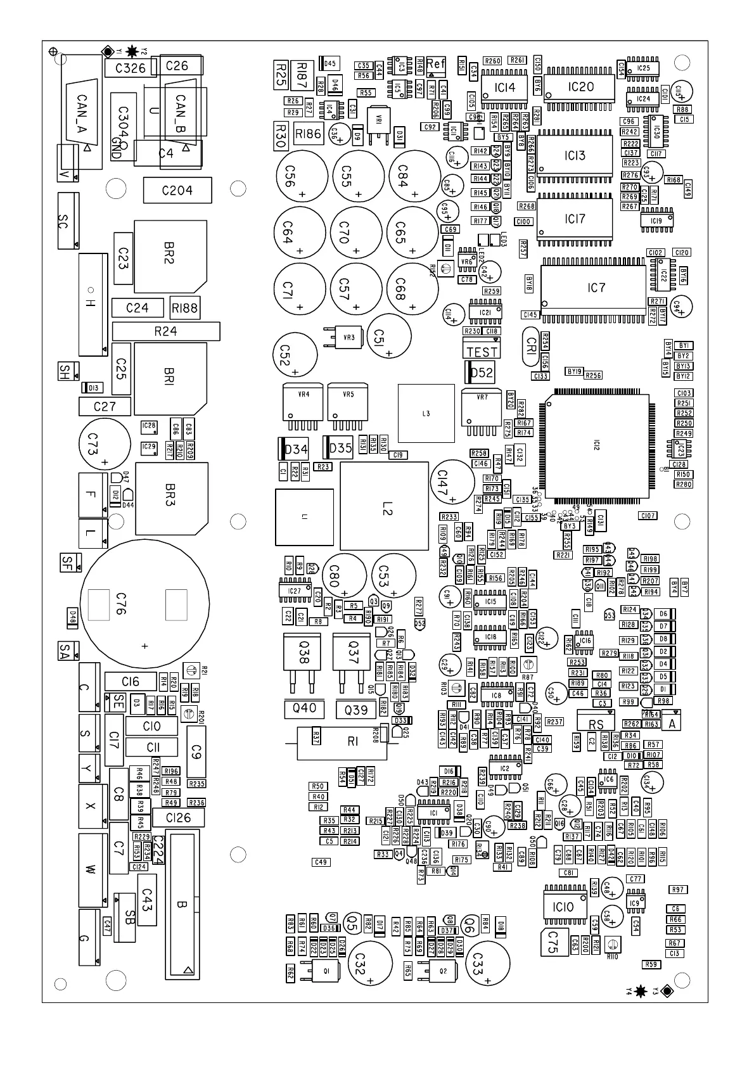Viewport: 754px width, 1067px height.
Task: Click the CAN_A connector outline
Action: (82, 113)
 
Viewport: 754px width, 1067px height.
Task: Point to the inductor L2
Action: (384, 506)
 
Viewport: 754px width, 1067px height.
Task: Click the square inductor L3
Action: (426, 413)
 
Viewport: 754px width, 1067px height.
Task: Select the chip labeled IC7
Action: (596, 288)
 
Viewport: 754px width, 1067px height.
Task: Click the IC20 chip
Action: (580, 87)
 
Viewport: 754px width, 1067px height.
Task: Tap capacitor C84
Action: (415, 176)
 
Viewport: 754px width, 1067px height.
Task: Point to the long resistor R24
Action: (166, 331)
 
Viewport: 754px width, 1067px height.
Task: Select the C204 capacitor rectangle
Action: (177, 190)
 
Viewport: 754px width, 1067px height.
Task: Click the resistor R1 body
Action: (352, 742)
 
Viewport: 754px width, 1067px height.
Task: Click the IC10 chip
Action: (562, 907)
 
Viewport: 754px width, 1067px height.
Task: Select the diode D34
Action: (295, 449)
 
